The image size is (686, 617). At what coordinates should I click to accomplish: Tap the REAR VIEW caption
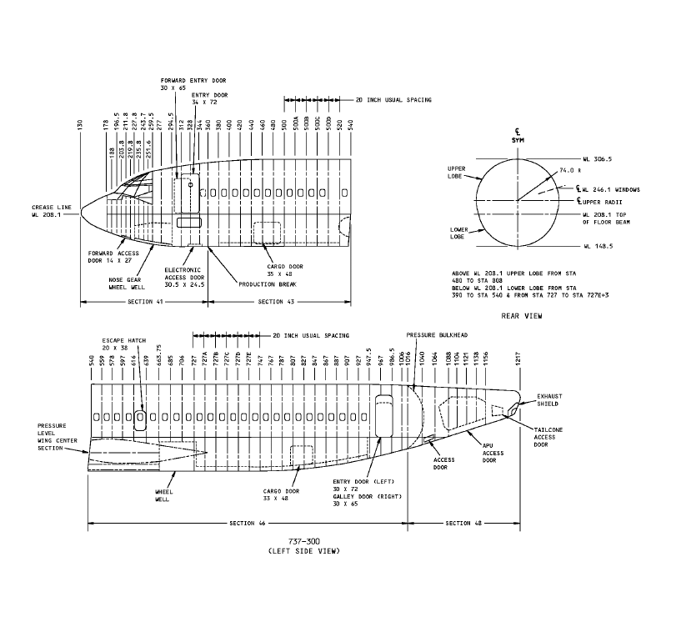518,316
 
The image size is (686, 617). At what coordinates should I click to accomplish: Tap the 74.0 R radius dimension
568,170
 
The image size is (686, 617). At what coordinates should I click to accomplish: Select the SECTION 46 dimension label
248,523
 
